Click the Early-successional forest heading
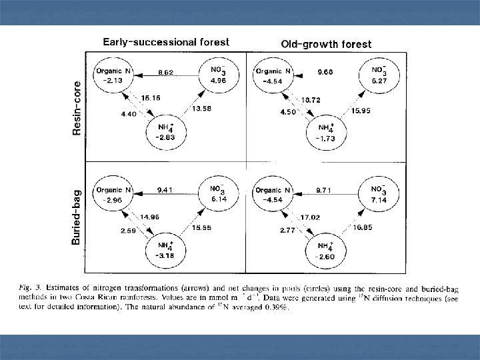[x=165, y=42]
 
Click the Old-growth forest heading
[x=326, y=45]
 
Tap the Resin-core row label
[x=77, y=108]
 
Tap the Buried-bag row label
[x=77, y=218]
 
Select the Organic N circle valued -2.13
[x=113, y=75]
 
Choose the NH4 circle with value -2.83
[x=165, y=131]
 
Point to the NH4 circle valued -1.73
[x=326, y=131]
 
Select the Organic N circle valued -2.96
[x=113, y=194]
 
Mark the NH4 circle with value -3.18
[x=165, y=249]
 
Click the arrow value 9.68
[x=326, y=70]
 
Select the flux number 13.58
[x=202, y=109]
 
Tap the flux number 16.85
[x=362, y=227]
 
